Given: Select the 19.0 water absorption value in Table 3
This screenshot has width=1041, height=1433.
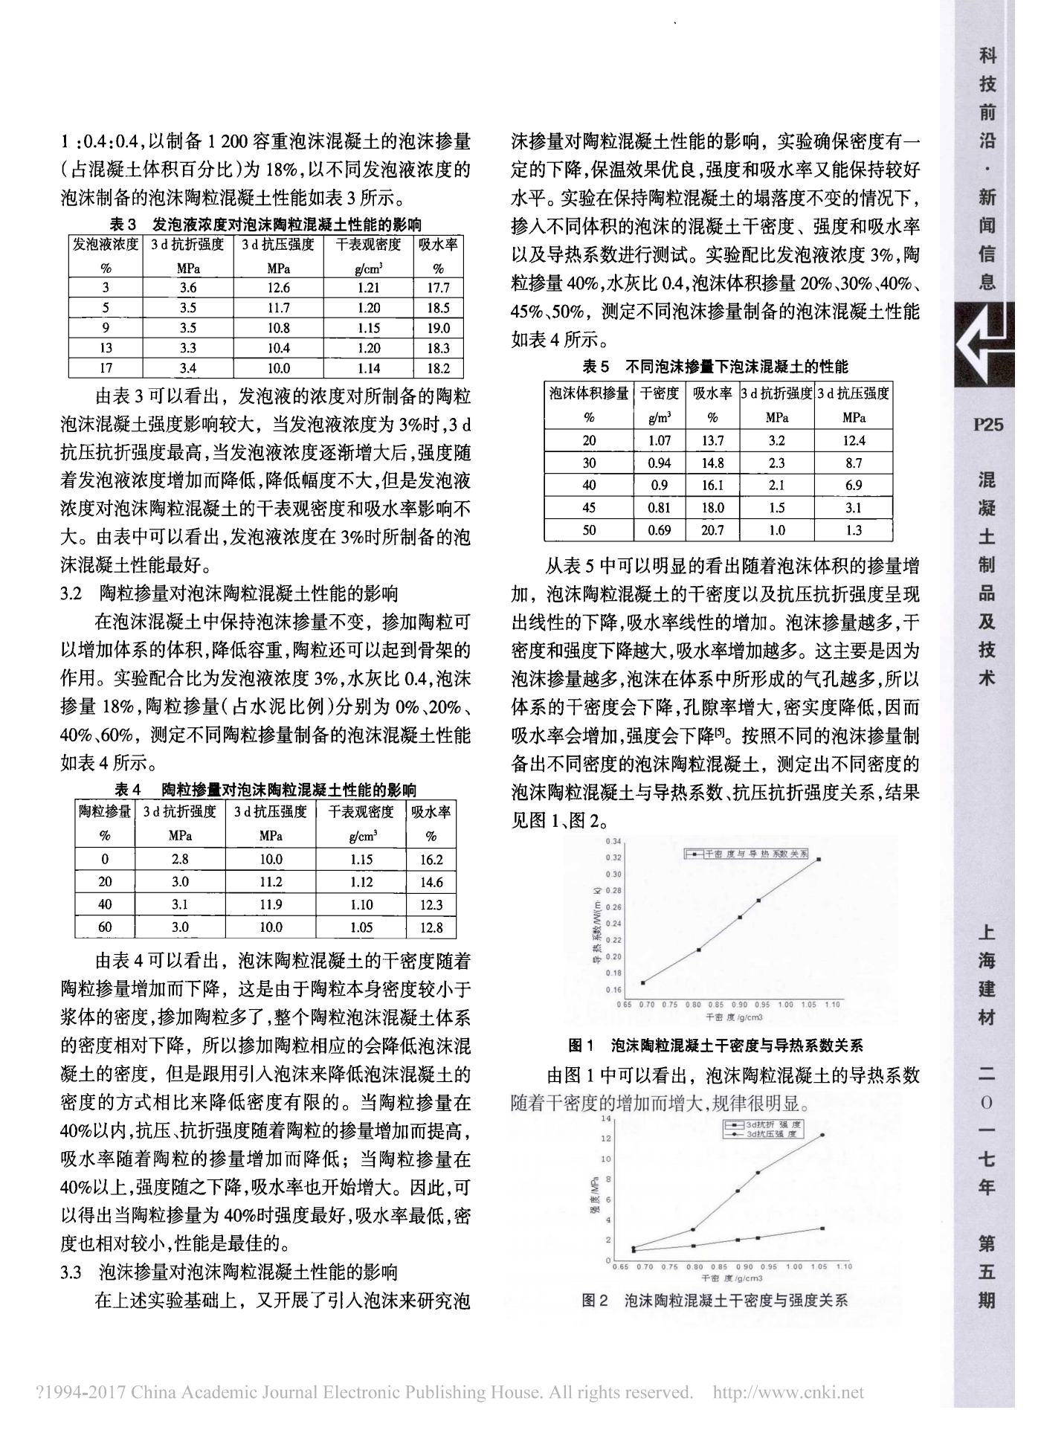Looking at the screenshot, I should tap(438, 328).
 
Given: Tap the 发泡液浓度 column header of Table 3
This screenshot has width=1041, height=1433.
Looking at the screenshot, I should tap(105, 244).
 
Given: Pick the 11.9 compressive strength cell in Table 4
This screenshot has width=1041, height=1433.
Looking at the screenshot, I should tap(271, 904).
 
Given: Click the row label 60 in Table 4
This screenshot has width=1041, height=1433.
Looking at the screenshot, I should tap(105, 927).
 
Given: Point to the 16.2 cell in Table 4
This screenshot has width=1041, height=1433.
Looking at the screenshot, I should tap(431, 860).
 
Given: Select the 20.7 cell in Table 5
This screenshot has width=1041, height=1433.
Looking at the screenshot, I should tap(712, 530).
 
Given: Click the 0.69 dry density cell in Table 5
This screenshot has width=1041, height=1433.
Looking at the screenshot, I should tap(659, 530).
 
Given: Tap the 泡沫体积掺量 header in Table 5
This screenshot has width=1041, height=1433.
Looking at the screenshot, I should tap(589, 393).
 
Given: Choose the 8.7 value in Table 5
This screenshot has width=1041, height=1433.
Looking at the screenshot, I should tap(854, 463).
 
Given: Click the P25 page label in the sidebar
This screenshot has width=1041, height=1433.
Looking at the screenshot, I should tap(987, 425).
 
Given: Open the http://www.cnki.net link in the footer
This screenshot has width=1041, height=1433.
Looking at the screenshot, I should tap(788, 1391).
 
